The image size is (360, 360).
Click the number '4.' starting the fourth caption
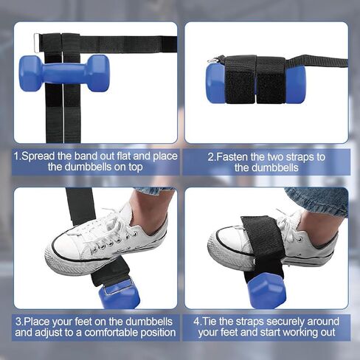pyautogui.click(x=198, y=322)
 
